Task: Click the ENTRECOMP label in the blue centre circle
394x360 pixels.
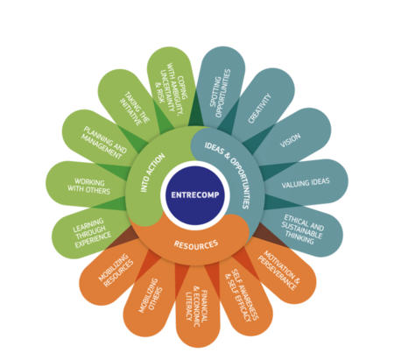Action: tap(195, 194)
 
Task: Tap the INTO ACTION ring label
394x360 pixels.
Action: tap(152, 173)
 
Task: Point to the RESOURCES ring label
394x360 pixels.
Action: tap(196, 244)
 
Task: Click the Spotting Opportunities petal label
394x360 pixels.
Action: tap(220, 94)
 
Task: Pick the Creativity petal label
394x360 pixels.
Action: tap(259, 109)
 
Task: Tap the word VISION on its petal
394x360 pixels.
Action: tap(290, 140)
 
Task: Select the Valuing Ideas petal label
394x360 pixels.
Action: tap(306, 183)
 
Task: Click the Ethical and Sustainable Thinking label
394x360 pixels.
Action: tap(302, 229)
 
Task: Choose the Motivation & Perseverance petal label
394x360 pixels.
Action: tap(278, 271)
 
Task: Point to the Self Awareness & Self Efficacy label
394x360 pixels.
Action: tap(242, 295)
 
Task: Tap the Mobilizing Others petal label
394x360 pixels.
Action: tap(151, 295)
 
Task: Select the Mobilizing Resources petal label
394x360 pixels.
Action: tap(116, 271)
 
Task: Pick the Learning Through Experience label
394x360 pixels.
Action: tap(91, 233)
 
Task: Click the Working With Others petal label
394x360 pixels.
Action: tap(89, 187)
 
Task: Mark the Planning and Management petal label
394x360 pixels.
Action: tap(103, 143)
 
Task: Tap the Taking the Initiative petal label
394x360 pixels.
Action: tap(134, 109)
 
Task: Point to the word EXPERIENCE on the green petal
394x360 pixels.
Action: tap(94, 240)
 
